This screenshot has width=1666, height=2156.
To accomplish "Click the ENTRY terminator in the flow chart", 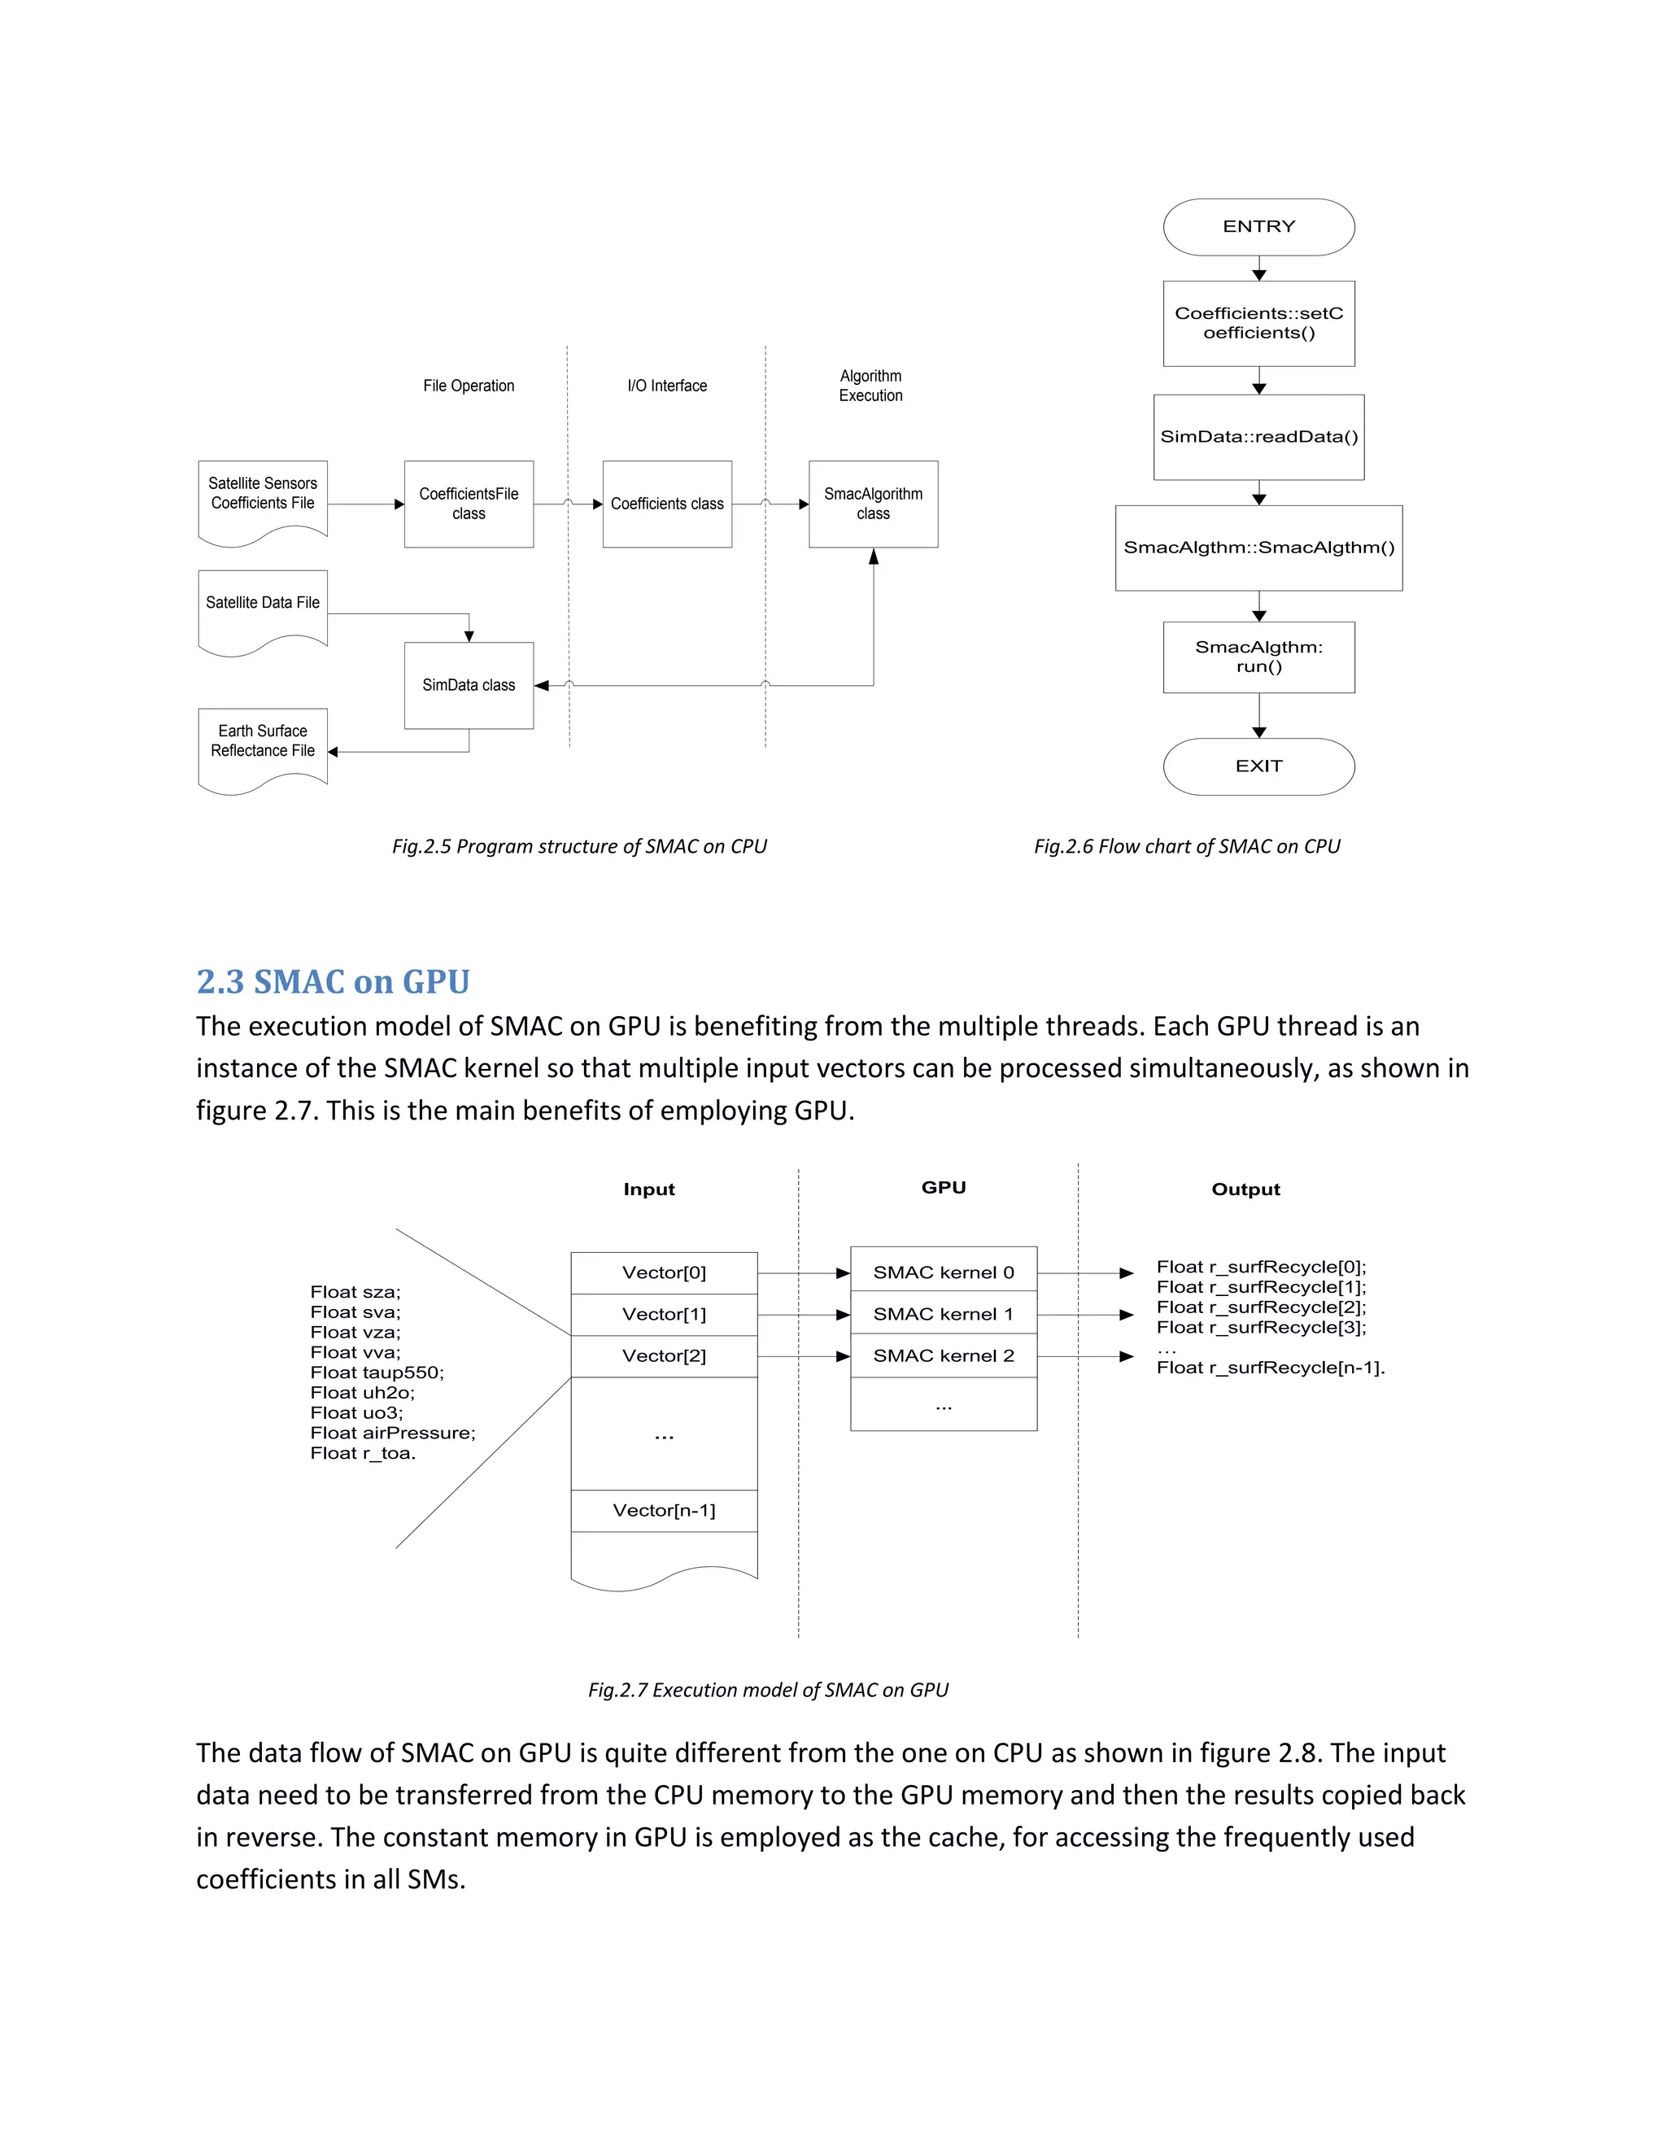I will point(1258,227).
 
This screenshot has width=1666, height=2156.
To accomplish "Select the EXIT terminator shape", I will point(1258,766).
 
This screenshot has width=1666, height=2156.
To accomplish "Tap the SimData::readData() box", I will point(1258,438).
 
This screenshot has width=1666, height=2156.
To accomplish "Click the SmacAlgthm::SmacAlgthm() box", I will point(1258,548).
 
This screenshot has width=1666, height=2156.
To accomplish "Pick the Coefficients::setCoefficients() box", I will point(1258,324).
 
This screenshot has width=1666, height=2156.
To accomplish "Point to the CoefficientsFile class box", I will point(469,504).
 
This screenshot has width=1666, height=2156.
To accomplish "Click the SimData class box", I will point(469,685).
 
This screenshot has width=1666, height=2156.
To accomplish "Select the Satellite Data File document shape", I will point(263,610).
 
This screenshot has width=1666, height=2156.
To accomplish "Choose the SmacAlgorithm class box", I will point(873,504).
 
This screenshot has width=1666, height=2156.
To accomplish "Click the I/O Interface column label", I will point(667,386).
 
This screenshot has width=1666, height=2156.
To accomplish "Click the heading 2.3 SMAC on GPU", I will point(333,981).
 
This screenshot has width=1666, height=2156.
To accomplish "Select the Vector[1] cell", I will point(665,1314).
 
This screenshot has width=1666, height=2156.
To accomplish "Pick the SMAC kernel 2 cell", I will point(944,1355).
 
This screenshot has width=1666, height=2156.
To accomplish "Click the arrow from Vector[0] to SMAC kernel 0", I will point(802,1273).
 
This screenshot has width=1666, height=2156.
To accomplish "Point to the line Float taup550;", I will point(377,1373).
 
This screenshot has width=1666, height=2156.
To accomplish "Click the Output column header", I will point(1245,1189).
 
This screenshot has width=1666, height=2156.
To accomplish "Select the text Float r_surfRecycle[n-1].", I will point(1270,1368).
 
